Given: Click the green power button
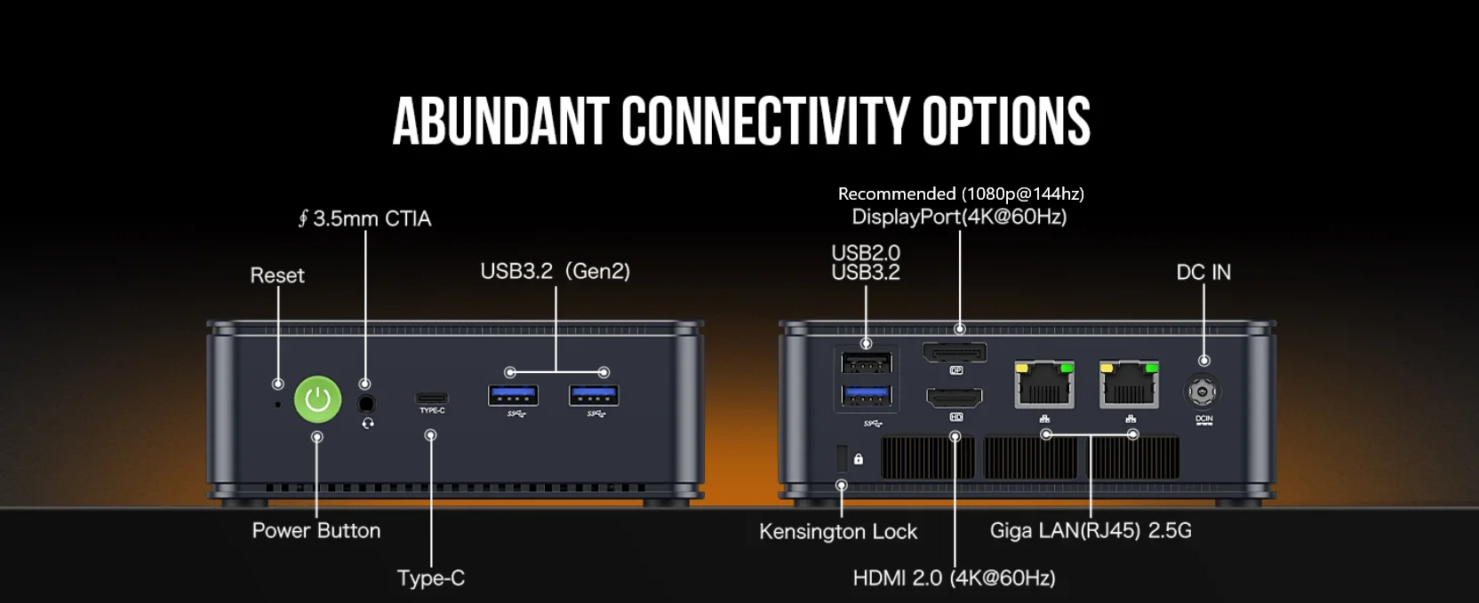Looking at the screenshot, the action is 317,399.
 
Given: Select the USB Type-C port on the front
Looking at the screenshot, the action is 431,398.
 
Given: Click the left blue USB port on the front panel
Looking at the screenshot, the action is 513,395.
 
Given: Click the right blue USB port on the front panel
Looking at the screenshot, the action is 595,395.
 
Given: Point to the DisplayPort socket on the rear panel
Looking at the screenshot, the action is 955,353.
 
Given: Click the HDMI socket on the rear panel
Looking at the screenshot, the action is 955,398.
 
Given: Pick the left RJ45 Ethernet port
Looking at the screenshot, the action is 1043,384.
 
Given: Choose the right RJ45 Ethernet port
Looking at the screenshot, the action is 1129,384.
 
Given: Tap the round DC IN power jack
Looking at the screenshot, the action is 1203,392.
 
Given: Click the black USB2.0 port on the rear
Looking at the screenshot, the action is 867,363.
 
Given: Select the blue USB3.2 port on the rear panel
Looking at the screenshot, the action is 867,396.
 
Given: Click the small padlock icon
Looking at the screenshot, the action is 859,458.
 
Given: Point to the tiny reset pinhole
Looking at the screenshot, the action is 278,404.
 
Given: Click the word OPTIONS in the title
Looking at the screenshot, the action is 1005,121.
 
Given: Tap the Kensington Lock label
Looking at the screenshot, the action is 838,532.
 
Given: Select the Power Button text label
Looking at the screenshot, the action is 316,530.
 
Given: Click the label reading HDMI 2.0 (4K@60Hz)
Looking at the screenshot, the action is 954,578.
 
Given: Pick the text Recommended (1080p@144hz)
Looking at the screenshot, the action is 961,194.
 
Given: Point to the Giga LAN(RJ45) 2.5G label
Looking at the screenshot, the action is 1091,531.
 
